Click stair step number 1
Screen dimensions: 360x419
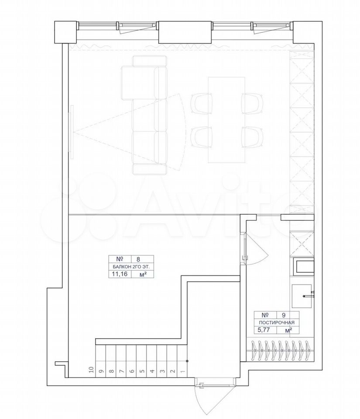(x=183, y=371)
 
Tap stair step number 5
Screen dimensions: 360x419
(x=142, y=371)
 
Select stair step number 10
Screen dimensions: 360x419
(x=91, y=370)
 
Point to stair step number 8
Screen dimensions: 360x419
(x=112, y=371)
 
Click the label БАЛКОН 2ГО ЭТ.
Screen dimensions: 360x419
(x=131, y=267)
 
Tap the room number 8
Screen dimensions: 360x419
(x=138, y=259)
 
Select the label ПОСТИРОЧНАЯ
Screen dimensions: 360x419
(x=277, y=323)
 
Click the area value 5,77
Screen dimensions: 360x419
(x=264, y=330)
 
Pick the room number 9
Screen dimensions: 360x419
(x=283, y=315)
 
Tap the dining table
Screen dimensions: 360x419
(x=226, y=120)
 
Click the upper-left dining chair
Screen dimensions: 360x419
(x=202, y=104)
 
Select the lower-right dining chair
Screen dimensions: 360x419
(x=252, y=137)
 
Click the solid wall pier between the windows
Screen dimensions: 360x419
(x=185, y=32)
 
